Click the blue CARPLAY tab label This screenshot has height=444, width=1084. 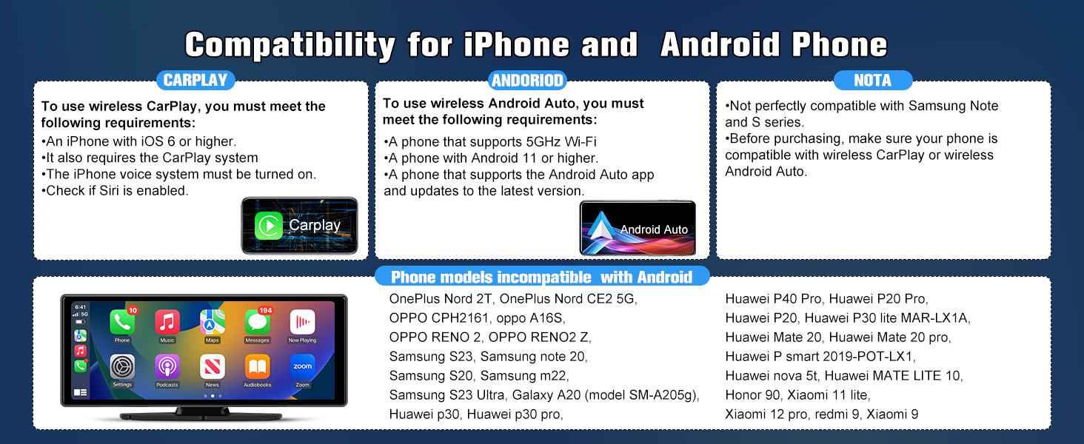(x=195, y=80)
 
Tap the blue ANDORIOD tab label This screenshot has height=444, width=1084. (x=527, y=80)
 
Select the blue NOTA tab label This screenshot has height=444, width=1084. (x=873, y=80)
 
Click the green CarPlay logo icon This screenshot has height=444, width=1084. (x=269, y=226)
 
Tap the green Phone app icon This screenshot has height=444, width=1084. (x=122, y=322)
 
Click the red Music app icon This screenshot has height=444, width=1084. (x=167, y=322)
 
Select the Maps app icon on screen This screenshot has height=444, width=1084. (x=212, y=322)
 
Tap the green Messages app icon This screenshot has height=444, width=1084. (x=257, y=322)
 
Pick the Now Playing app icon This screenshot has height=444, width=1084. (x=302, y=322)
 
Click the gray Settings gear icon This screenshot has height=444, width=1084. (x=122, y=366)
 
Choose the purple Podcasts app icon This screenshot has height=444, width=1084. (x=167, y=366)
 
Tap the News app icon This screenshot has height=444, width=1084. (x=212, y=366)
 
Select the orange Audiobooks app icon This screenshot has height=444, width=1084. (x=257, y=366)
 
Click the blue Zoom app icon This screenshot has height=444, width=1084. (x=302, y=366)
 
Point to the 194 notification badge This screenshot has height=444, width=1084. (x=266, y=310)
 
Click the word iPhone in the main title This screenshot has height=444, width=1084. (x=516, y=45)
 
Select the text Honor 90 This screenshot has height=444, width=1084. (x=752, y=395)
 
